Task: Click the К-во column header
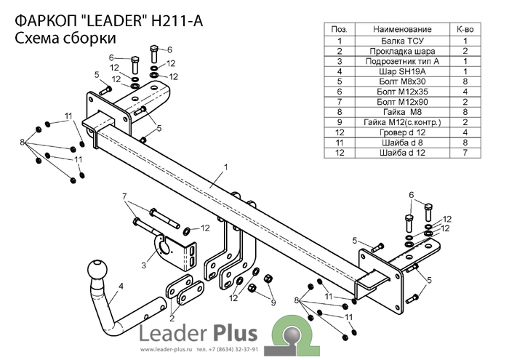pos(465,30)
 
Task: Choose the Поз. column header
pos(339,30)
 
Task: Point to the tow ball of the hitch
pos(97,272)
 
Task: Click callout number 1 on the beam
pos(226,167)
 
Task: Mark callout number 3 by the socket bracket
pos(143,265)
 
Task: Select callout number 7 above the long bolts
pos(124,196)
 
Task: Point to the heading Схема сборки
pos(65,39)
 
